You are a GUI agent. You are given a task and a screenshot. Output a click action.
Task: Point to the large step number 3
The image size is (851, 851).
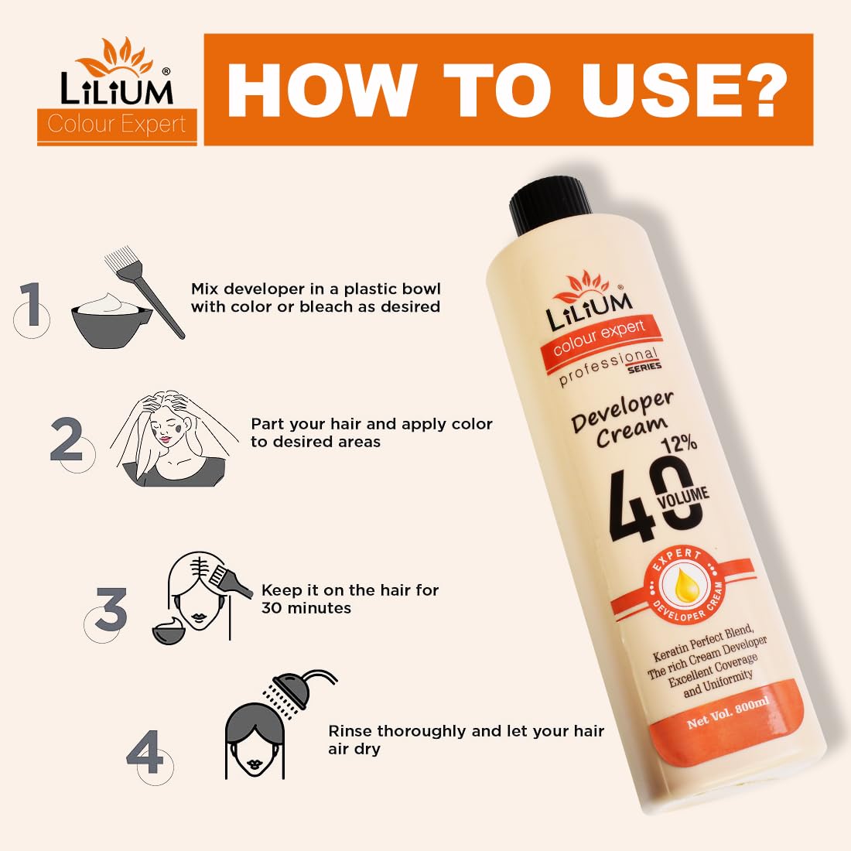click(111, 609)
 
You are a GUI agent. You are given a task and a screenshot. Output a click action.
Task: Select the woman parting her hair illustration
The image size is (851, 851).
click(173, 438)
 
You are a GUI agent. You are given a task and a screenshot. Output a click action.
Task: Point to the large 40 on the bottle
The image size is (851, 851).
click(654, 499)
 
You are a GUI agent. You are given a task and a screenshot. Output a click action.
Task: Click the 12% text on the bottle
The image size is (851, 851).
click(679, 444)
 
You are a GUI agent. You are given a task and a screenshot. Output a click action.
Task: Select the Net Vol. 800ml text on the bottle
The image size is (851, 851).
click(728, 713)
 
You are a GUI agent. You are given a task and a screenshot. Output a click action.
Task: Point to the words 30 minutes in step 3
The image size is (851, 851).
click(306, 608)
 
